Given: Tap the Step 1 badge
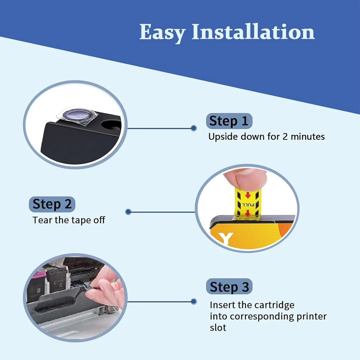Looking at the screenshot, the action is click(x=229, y=121).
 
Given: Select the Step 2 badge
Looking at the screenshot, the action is click(x=52, y=204).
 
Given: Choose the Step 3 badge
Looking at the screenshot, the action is click(x=229, y=287).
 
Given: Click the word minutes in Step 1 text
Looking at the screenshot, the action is click(x=308, y=136).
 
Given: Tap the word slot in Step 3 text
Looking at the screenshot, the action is click(x=218, y=327).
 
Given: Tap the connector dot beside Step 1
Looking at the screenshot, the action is click(x=194, y=128).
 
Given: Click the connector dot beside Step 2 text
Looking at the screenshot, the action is click(x=129, y=212).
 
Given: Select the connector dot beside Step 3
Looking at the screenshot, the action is click(x=194, y=301).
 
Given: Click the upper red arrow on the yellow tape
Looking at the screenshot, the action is click(x=248, y=195).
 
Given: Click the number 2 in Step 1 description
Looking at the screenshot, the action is click(x=285, y=136).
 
